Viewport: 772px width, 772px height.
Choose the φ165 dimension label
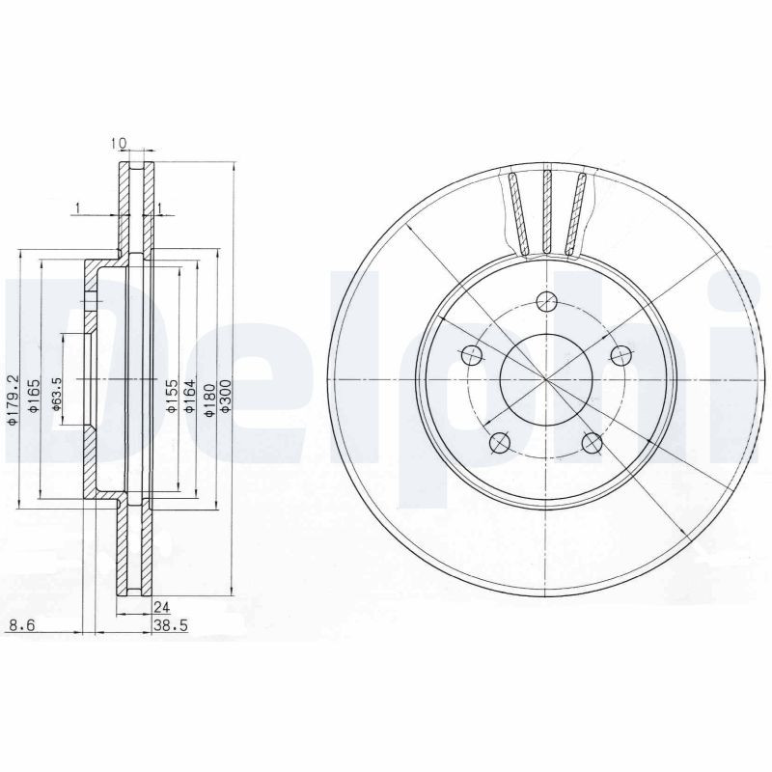(33, 398)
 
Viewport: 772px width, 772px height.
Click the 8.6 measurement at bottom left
(20, 626)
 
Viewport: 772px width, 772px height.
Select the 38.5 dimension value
(170, 626)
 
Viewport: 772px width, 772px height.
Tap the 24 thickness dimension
(161, 607)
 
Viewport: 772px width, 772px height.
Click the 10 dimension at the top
(120, 143)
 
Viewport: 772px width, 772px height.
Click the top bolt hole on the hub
(546, 300)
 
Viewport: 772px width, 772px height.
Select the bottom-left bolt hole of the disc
(499, 443)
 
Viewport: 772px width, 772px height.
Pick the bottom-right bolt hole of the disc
(592, 443)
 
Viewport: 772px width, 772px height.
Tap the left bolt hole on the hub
(471, 354)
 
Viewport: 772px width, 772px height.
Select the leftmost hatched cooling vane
(517, 212)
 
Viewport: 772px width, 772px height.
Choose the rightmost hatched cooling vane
(577, 212)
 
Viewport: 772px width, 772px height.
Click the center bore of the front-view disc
(546, 379)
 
